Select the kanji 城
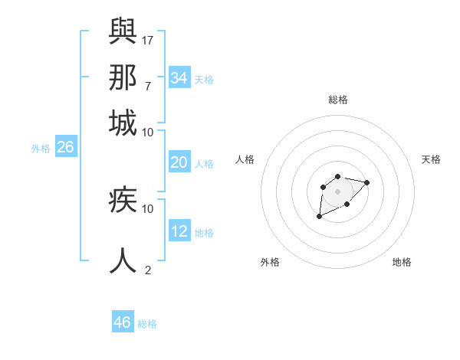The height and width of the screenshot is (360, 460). tap(123, 123)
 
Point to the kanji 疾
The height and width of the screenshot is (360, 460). tap(123, 201)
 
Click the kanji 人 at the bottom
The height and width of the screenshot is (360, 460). tap(123, 259)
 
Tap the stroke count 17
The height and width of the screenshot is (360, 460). tap(149, 39)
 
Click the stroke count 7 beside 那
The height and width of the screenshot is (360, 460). tap(147, 85)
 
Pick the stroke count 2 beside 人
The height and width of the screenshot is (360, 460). tap(148, 270)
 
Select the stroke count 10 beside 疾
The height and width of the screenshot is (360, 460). tap(148, 208)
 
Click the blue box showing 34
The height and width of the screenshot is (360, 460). tap(179, 78)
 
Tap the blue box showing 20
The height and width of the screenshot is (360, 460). tap(179, 162)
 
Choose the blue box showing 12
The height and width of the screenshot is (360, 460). tap(179, 231)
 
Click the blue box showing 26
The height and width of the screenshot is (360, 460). tap(66, 148)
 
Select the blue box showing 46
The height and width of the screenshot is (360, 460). tap(123, 322)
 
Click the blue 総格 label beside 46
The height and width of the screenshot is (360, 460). tap(147, 324)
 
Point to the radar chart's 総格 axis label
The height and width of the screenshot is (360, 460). tap(338, 100)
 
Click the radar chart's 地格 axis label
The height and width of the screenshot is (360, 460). tap(402, 262)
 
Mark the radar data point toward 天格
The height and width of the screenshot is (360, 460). tap(366, 182)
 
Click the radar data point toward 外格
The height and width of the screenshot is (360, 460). tap(319, 217)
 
